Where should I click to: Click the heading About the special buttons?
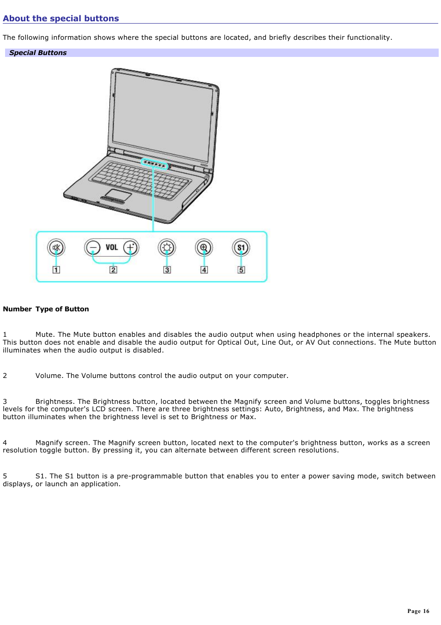coord(61,19)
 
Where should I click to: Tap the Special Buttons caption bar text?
coord(38,53)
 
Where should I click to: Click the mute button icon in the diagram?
coord(56,248)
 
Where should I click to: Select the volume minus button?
coord(92,248)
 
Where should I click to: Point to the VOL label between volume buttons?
coord(112,248)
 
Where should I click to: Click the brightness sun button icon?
coord(167,248)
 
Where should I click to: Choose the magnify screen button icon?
coord(204,248)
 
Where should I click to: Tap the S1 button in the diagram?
coord(241,248)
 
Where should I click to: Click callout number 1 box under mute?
coord(56,270)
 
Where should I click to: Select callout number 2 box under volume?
coord(113,270)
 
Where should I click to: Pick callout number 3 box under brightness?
coord(167,270)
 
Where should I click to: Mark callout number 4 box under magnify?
coord(204,270)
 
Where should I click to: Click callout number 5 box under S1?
coord(241,270)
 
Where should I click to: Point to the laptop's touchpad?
coord(118,194)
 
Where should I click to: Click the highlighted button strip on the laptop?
coord(154,164)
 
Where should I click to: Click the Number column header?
coord(17,309)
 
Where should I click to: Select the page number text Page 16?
coord(418,611)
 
